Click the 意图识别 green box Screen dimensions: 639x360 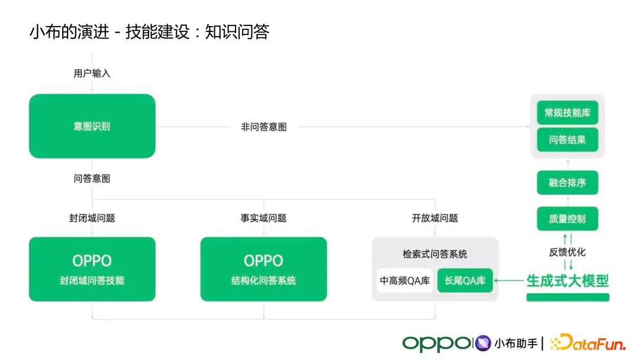coord(92,126)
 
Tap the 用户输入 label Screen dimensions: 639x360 coord(92,73)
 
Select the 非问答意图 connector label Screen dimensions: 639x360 coord(263,127)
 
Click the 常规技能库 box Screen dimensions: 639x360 coord(567,112)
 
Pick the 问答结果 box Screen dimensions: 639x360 coord(567,140)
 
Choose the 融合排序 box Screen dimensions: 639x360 coord(567,183)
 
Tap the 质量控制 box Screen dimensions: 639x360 coord(567,218)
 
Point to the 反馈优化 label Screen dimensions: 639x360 coord(567,252)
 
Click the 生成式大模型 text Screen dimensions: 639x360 coord(567,280)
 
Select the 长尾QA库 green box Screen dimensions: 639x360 coord(465,281)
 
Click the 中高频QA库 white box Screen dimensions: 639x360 coord(405,281)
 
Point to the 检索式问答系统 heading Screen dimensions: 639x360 coord(435,254)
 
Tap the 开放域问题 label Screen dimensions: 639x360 coord(435,218)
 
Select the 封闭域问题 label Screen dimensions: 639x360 coord(92,218)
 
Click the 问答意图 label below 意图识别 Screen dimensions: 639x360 coord(92,178)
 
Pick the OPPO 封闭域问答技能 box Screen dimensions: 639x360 coord(92,269)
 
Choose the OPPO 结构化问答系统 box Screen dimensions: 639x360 coord(263,269)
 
